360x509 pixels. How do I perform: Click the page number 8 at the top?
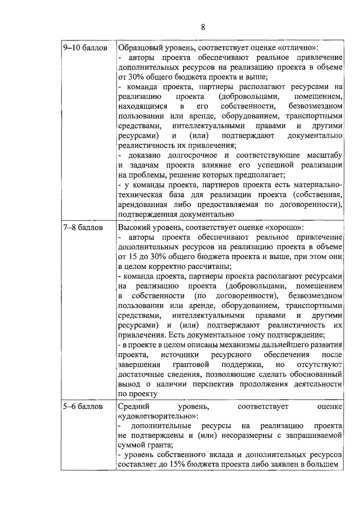pyautogui.click(x=203, y=28)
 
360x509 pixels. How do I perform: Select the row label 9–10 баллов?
pyautogui.click(x=85, y=48)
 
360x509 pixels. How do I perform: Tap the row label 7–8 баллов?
pyautogui.click(x=83, y=228)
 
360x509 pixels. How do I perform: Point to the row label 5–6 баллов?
pyautogui.click(x=83, y=407)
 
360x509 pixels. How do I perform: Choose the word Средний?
pyautogui.click(x=134, y=407)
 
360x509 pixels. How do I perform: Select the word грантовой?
pyautogui.click(x=191, y=365)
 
